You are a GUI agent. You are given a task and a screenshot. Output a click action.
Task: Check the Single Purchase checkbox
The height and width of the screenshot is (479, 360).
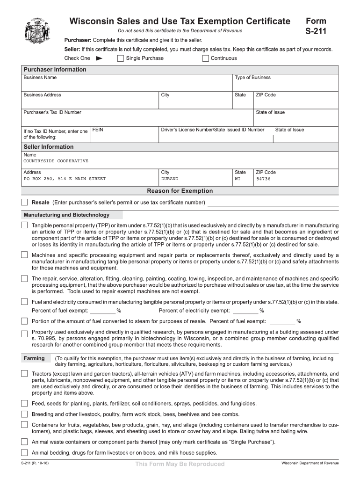(x=120, y=58)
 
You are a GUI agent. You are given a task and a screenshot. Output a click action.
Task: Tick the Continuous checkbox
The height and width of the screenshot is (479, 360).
(x=206, y=58)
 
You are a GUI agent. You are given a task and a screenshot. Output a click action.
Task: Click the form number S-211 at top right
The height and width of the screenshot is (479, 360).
(x=316, y=32)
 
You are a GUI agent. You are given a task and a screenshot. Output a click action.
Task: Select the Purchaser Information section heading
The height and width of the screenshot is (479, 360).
(x=55, y=70)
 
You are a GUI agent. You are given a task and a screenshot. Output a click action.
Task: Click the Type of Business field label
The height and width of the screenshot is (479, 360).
(x=252, y=78)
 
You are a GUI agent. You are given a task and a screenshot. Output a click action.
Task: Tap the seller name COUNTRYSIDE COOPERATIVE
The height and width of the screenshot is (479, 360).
(x=56, y=161)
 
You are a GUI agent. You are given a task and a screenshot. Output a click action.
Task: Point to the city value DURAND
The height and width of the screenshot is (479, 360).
(x=170, y=179)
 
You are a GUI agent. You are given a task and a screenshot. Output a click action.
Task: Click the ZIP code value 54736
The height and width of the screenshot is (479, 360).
(x=263, y=179)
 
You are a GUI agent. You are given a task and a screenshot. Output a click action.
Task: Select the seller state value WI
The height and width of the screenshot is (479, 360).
(x=238, y=179)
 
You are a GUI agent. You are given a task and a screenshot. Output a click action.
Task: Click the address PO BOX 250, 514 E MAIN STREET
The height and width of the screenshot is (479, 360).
(x=65, y=179)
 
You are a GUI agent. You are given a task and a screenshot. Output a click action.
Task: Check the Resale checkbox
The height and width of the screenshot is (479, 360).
(x=24, y=202)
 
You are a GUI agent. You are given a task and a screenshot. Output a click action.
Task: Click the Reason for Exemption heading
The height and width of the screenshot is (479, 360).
(x=180, y=191)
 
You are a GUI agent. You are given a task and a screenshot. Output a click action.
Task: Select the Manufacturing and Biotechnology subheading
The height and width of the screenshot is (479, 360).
(x=66, y=215)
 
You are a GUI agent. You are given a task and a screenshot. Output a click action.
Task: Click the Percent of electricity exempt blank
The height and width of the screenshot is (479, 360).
(x=245, y=311)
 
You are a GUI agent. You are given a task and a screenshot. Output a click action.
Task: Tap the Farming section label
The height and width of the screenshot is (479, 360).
(x=34, y=358)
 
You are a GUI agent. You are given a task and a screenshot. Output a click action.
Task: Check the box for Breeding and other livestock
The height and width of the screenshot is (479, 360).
(x=24, y=414)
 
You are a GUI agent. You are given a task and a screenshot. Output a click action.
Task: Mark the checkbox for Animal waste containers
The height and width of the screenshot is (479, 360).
(x=24, y=442)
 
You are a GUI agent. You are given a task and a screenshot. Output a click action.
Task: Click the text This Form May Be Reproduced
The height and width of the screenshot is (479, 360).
(x=180, y=464)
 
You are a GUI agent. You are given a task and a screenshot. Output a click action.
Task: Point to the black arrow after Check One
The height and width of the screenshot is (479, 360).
(x=99, y=58)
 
